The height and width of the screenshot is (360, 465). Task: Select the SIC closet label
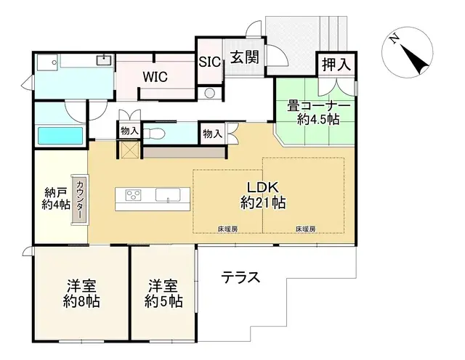pyautogui.click(x=211, y=61)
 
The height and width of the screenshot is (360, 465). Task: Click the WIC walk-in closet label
pyautogui.click(x=155, y=76)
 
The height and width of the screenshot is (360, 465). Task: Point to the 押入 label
pyautogui.click(x=335, y=63)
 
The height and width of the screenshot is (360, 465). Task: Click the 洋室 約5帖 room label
pyautogui.click(x=163, y=292)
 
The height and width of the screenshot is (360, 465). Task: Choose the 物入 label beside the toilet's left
pyautogui.click(x=129, y=131)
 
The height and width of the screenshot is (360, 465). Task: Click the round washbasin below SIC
pyautogui.click(x=211, y=93)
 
